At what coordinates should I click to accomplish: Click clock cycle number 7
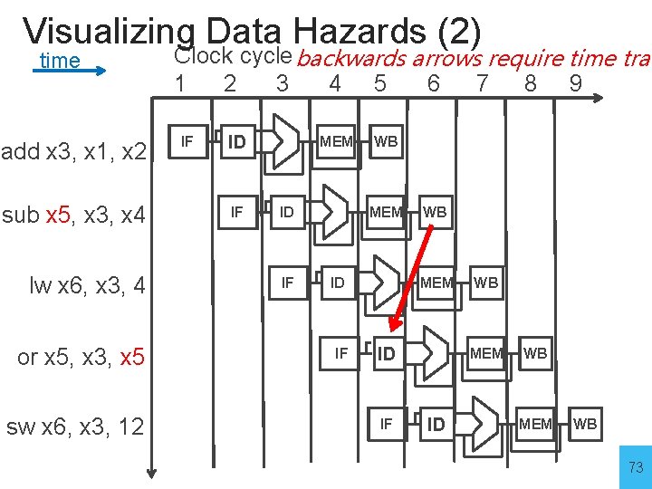click(482, 84)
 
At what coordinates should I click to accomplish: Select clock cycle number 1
click(181, 84)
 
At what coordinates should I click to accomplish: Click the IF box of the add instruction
click(187, 141)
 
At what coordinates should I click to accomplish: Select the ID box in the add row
click(237, 141)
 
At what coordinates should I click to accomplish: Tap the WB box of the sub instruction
click(435, 212)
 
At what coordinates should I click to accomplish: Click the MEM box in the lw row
click(436, 283)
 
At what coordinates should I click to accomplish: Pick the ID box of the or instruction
click(387, 353)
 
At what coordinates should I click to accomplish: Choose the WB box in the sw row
click(585, 424)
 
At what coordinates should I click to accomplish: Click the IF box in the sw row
click(387, 424)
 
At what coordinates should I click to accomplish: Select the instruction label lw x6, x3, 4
click(87, 286)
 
